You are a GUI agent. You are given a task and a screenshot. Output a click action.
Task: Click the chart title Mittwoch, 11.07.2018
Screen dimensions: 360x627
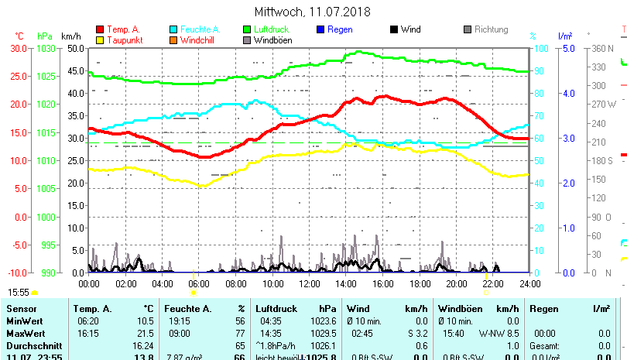(313, 12)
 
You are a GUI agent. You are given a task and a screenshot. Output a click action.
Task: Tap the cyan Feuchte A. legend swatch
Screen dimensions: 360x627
(173, 29)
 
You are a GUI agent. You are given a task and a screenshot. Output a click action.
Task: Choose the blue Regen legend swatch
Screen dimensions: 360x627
(320, 29)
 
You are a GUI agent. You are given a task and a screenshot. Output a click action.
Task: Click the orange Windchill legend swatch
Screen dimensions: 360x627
(173, 39)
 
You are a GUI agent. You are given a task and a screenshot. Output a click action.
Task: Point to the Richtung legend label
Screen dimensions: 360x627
(491, 29)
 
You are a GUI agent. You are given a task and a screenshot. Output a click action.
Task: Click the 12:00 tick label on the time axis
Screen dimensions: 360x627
(309, 283)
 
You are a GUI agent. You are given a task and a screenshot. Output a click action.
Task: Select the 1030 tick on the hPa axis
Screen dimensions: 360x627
(46, 48)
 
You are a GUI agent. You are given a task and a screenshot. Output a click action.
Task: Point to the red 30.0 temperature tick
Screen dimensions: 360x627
(19, 48)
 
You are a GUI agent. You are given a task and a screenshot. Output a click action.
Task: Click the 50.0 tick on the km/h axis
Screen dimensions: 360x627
(75, 48)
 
